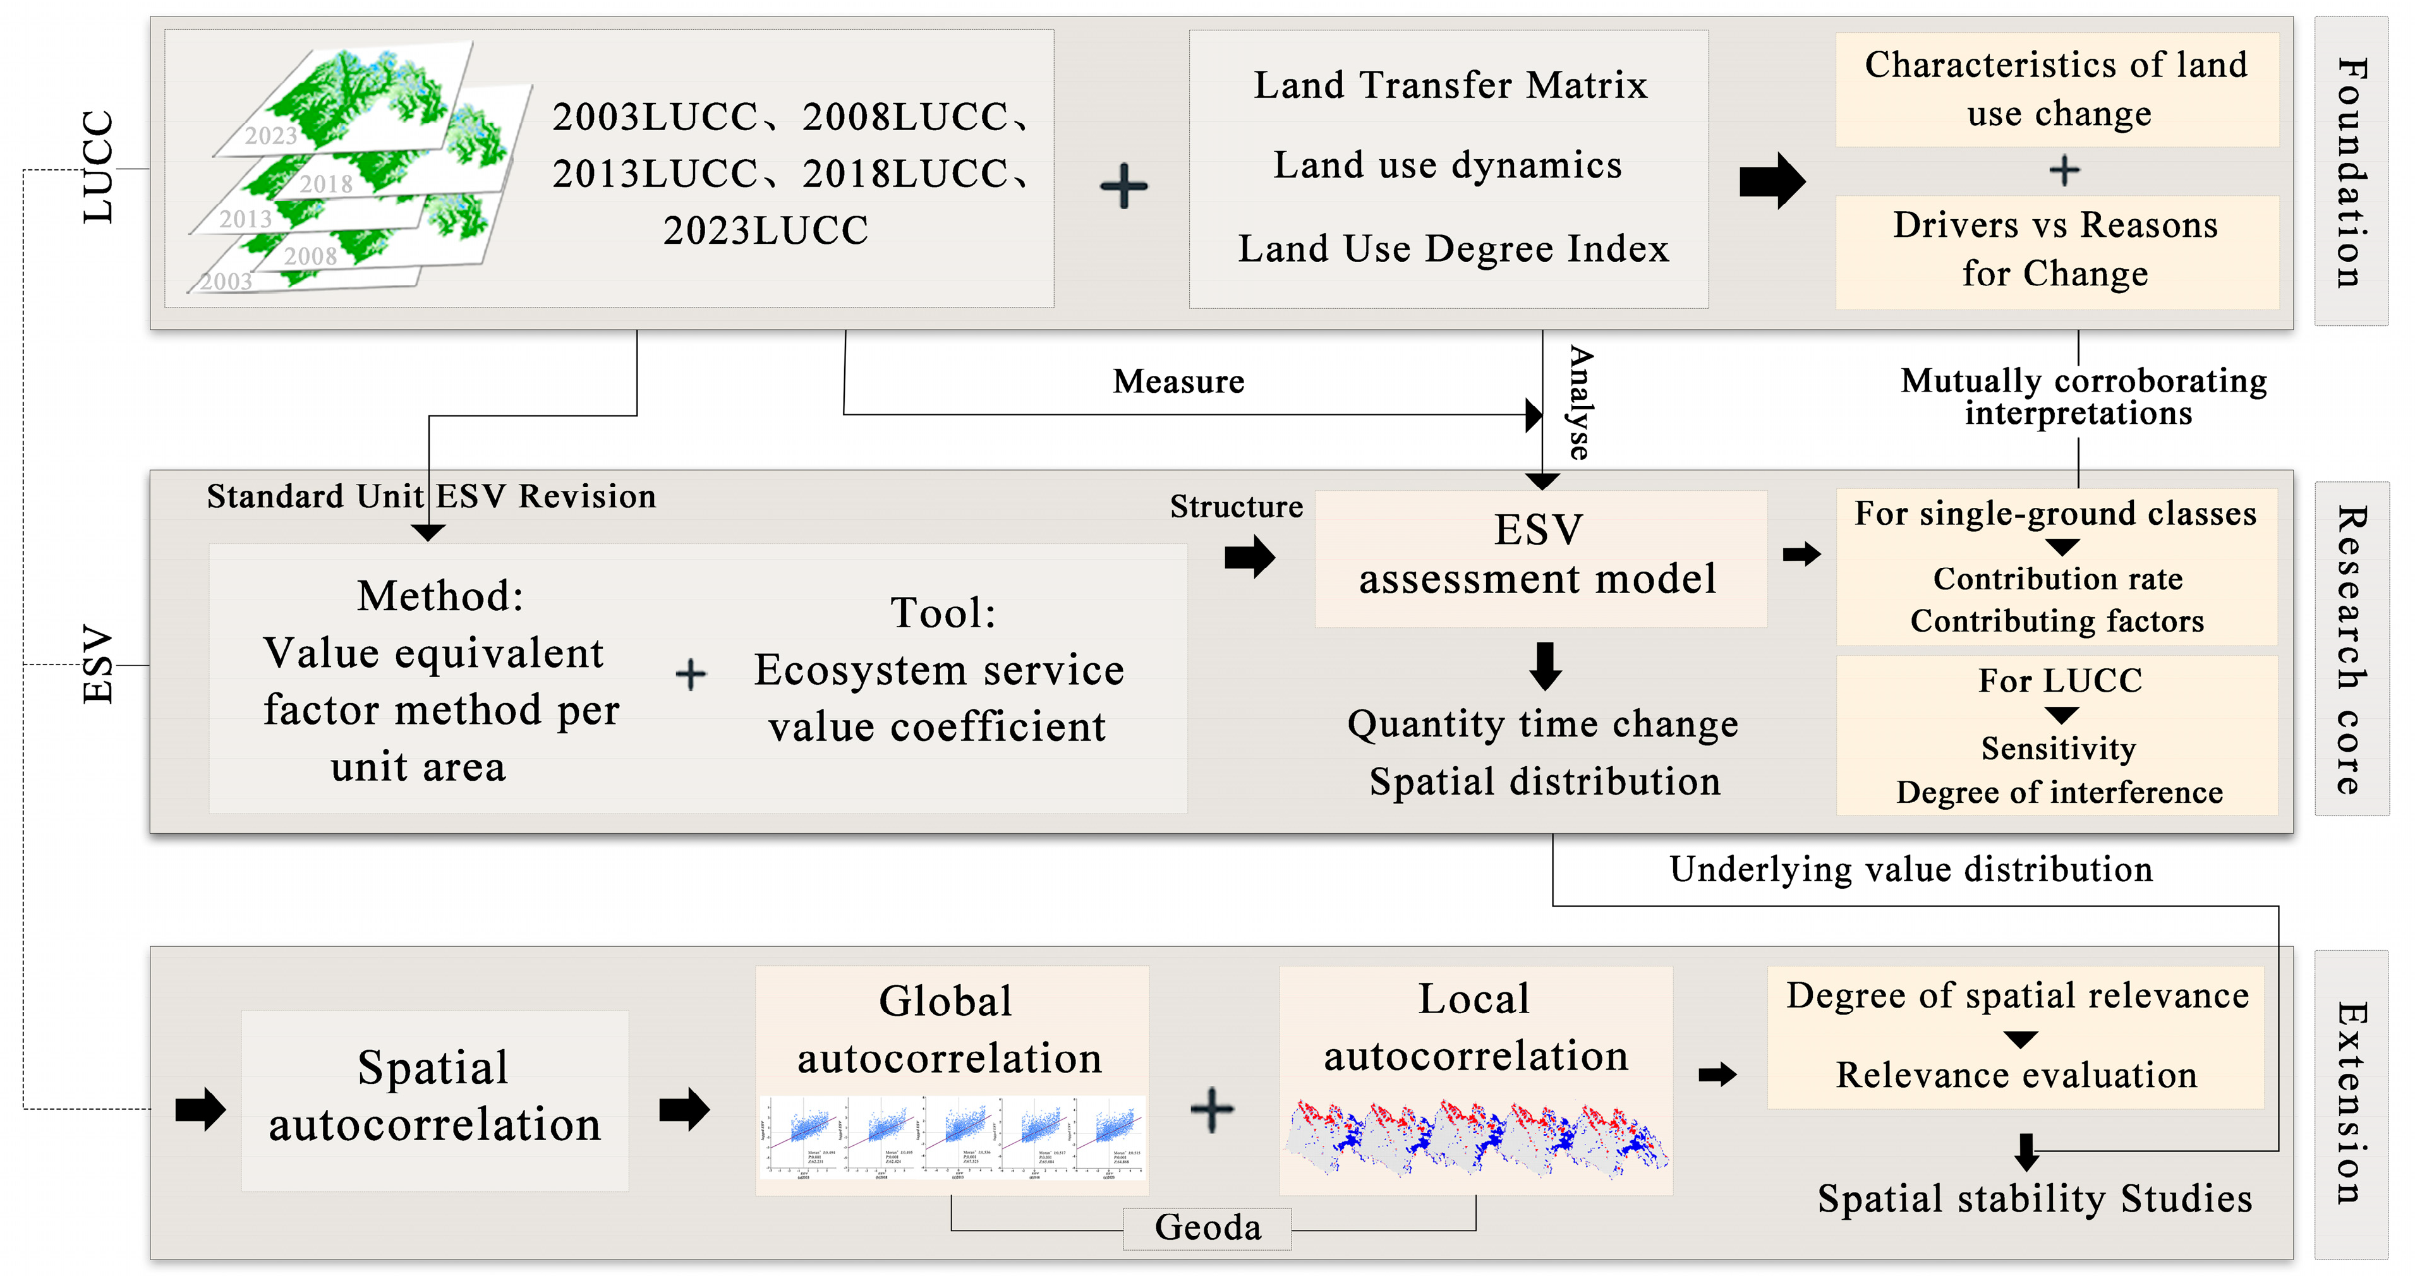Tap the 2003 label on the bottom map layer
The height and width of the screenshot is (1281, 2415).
tap(227, 281)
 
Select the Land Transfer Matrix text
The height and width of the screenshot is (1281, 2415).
tap(1450, 85)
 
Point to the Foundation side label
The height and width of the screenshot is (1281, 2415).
tap(2351, 172)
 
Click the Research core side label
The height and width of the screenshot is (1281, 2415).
tap(2351, 649)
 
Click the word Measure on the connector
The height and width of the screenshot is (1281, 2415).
tap(1178, 382)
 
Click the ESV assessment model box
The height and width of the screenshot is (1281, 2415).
tap(1539, 556)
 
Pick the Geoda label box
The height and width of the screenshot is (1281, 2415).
tap(1207, 1227)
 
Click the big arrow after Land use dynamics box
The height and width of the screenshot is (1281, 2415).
tap(1770, 180)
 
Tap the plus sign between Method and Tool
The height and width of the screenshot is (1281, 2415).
tap(691, 674)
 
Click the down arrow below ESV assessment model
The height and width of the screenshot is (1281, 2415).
tap(1545, 665)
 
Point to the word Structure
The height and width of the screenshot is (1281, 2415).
tap(1236, 507)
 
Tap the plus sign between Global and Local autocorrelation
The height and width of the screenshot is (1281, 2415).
tap(1211, 1110)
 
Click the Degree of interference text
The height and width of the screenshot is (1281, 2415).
tap(2058, 793)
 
